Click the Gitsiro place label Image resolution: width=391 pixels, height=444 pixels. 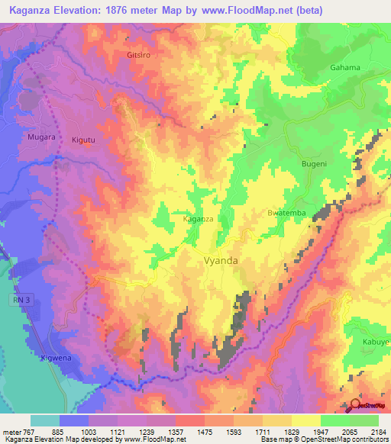pos(142,56)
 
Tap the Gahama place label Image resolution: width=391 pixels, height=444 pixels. pos(344,67)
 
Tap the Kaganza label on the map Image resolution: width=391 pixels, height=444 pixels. pos(199,218)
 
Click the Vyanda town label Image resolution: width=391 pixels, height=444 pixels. pos(221,260)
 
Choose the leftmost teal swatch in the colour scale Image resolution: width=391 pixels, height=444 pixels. pos(45,420)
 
